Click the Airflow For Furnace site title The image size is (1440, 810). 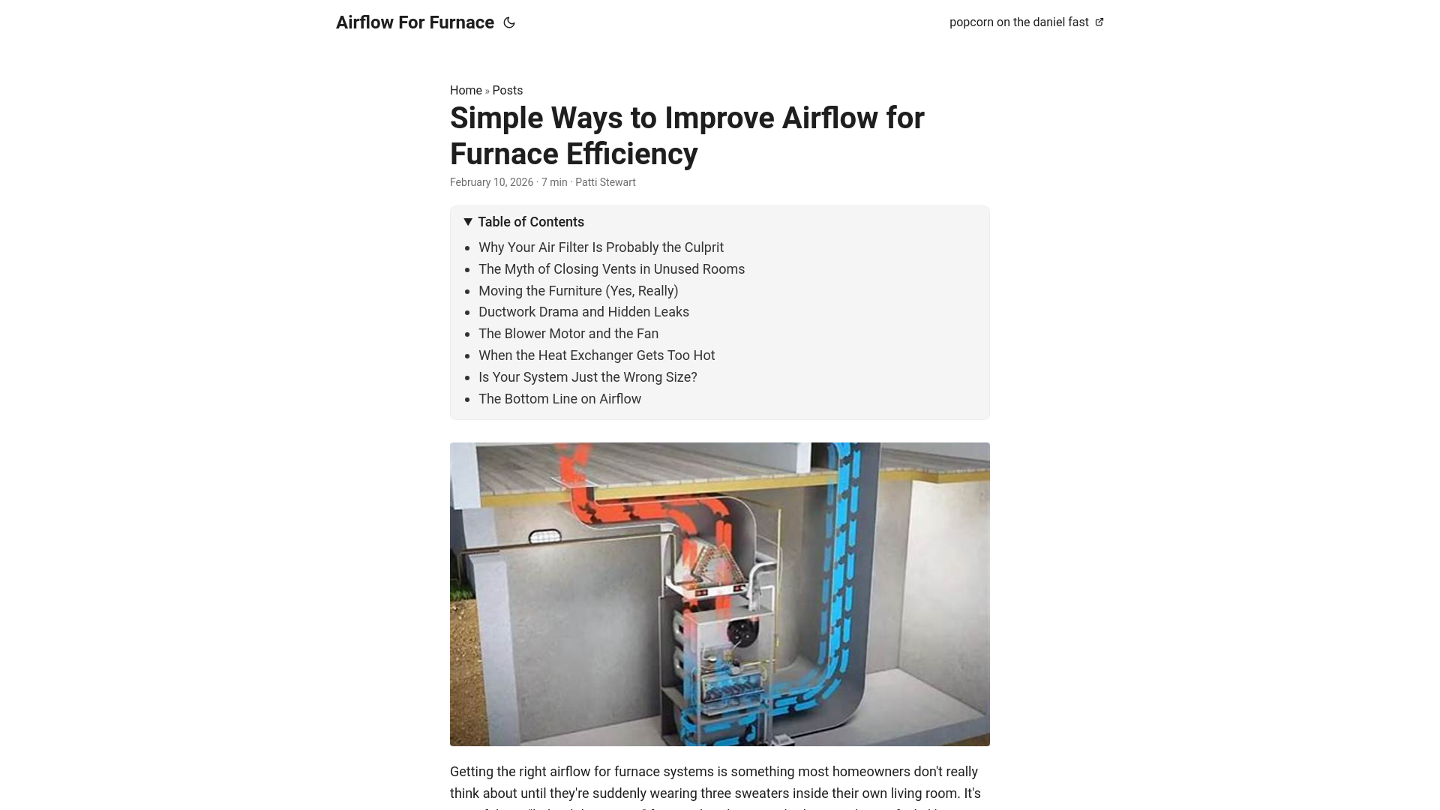(415, 22)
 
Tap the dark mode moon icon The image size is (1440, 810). (509, 22)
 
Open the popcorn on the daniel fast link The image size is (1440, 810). (1018, 22)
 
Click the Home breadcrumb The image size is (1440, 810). (466, 90)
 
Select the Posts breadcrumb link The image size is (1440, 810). (507, 90)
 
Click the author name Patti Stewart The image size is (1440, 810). (605, 182)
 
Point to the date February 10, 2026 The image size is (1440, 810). (491, 182)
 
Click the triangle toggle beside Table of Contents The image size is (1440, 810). (468, 222)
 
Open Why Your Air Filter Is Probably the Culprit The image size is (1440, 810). (601, 247)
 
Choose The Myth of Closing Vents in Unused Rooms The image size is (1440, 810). (611, 269)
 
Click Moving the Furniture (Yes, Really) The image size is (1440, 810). (577, 291)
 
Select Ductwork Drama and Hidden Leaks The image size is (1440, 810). (583, 312)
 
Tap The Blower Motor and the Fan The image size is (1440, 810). (568, 334)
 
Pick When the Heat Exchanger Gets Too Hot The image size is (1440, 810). (596, 355)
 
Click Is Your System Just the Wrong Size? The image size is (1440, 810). (587, 377)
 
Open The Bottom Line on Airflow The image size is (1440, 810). (559, 399)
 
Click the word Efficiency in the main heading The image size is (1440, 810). (631, 154)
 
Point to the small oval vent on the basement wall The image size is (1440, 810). (544, 537)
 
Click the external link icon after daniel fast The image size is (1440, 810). (1099, 22)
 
